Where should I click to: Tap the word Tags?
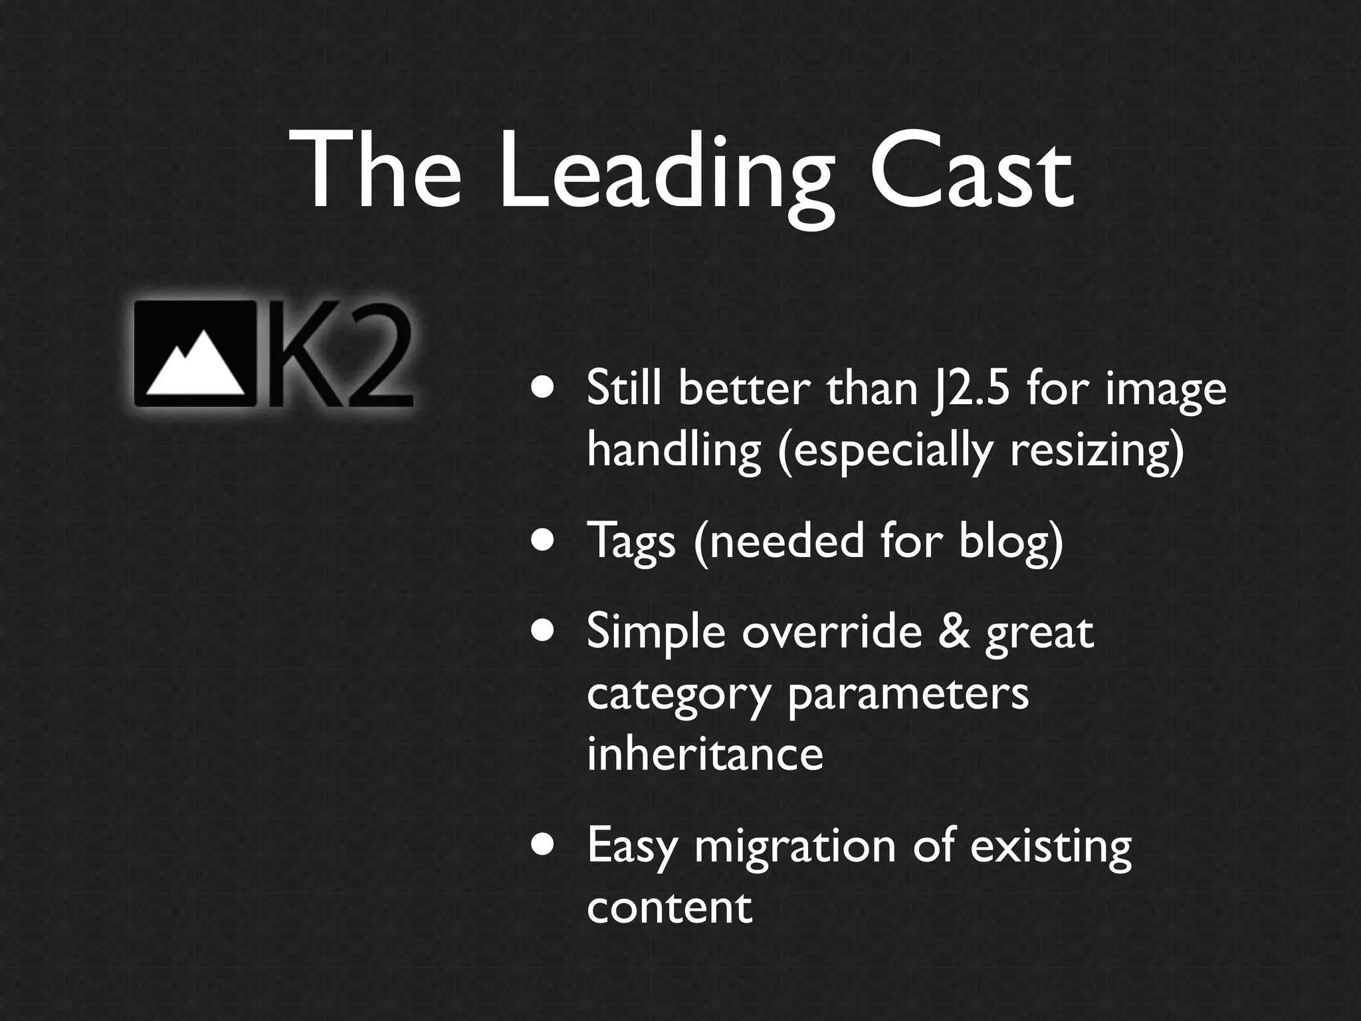tap(631, 540)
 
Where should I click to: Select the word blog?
tap(1010, 540)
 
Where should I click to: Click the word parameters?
tap(908, 695)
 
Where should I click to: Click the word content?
tap(669, 907)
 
